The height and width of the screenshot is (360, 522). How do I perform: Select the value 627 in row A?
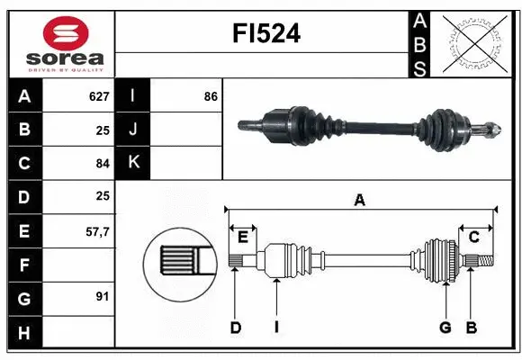(x=98, y=95)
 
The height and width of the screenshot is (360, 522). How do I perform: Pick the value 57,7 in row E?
(x=96, y=230)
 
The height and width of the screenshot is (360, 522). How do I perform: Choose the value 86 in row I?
(x=211, y=95)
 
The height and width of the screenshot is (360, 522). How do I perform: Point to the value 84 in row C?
(x=102, y=163)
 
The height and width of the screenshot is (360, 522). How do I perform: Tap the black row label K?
(x=133, y=163)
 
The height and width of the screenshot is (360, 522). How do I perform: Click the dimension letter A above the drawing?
(x=359, y=200)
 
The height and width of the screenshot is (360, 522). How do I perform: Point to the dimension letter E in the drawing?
(x=242, y=238)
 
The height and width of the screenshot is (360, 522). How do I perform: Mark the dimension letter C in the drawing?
(x=472, y=238)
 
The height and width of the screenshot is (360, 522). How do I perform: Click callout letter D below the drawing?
(x=235, y=328)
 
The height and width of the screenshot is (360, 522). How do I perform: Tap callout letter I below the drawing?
(x=277, y=328)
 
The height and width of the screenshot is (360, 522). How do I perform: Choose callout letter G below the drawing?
(x=445, y=328)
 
